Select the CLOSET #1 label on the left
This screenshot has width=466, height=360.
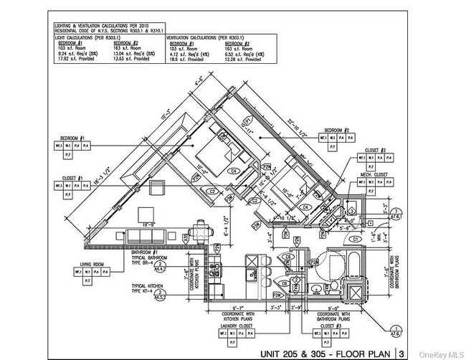72,177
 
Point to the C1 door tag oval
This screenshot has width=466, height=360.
354,238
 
